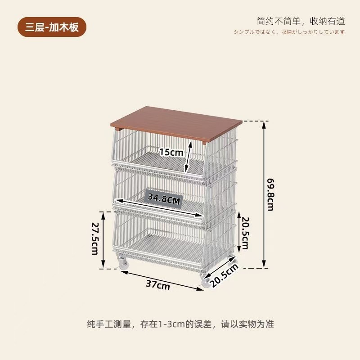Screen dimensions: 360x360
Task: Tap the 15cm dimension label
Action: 171,152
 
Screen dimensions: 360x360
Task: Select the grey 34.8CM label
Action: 164,198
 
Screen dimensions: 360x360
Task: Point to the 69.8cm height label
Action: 270,194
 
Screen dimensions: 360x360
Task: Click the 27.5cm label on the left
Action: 95,238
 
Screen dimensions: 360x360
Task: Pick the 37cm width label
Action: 157,284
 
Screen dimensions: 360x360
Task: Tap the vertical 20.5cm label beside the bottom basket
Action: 244,233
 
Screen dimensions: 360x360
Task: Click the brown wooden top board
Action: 175,123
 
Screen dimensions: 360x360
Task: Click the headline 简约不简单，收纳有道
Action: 301,21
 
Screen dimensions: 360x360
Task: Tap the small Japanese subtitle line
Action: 289,31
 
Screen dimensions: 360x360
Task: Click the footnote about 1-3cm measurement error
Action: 180,324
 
